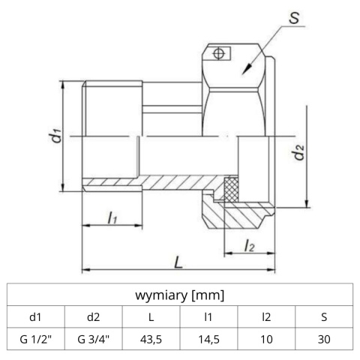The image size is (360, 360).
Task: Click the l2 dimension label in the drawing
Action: coord(250,244)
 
